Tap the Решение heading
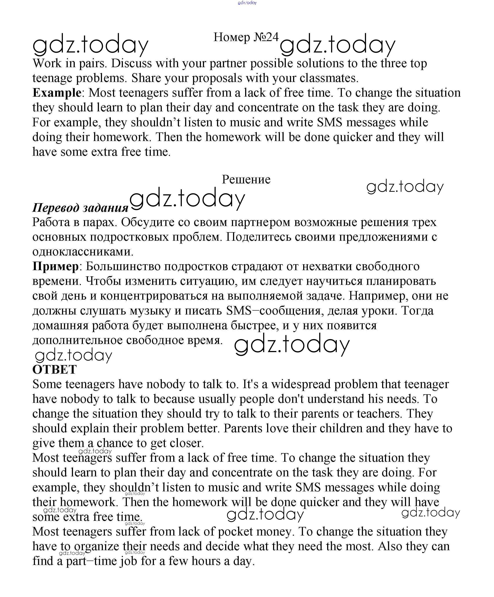(246, 179)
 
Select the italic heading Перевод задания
(80, 208)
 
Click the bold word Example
(57, 93)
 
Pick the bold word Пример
(55, 266)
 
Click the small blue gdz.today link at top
(247, 3)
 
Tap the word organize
(97, 546)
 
